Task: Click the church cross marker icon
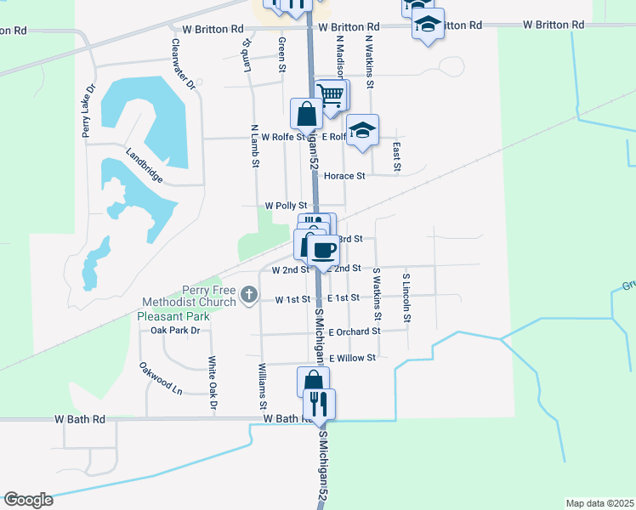click(248, 295)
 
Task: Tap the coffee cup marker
click(323, 250)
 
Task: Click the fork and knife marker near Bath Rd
click(319, 404)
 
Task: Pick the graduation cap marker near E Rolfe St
click(362, 130)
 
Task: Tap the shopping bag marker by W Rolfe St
click(306, 113)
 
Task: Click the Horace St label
click(344, 176)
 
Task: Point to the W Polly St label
click(285, 206)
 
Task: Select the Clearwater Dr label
click(183, 65)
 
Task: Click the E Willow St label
click(352, 358)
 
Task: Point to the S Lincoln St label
click(407, 297)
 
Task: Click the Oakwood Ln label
click(161, 378)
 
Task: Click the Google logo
click(28, 500)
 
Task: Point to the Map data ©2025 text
click(599, 503)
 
